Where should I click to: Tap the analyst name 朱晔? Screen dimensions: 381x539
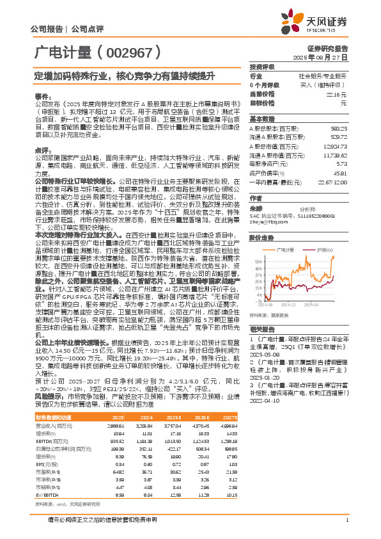click(256, 208)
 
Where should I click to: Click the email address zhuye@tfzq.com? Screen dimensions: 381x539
click(267, 221)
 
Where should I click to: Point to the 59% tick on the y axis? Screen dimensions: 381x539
click(257, 261)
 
